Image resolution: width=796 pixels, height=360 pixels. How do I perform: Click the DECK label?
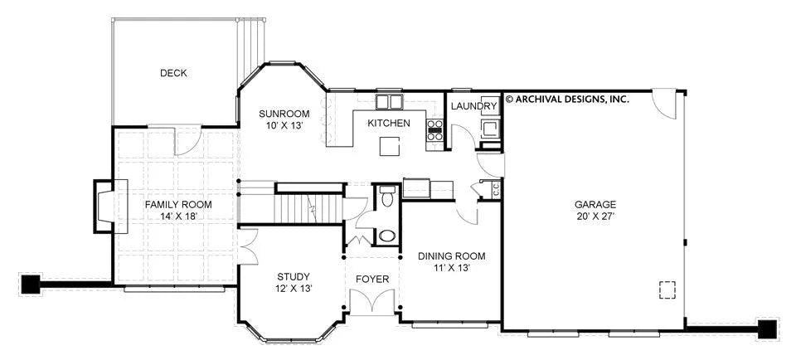(x=173, y=73)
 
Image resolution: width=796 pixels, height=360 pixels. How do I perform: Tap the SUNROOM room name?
(x=284, y=114)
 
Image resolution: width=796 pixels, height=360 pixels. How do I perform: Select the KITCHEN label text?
(x=389, y=123)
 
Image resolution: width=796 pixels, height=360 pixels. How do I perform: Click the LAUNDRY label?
(x=473, y=106)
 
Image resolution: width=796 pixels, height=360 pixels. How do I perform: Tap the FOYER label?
(x=372, y=280)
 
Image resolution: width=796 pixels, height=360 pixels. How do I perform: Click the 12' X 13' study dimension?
(x=294, y=289)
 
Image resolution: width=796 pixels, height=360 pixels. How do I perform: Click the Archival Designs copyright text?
(x=567, y=99)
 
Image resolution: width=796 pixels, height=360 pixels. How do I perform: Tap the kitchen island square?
(x=390, y=147)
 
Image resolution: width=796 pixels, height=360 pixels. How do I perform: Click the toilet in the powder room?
(x=387, y=197)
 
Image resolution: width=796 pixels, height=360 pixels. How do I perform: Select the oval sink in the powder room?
(x=387, y=236)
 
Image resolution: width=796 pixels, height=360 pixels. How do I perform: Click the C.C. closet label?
(x=496, y=190)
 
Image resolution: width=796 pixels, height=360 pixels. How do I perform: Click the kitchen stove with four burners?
(x=434, y=130)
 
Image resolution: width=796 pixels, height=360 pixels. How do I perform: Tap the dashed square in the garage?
(x=667, y=289)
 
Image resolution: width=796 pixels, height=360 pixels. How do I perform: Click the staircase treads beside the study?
(x=308, y=209)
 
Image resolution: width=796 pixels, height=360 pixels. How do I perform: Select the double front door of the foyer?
(x=372, y=300)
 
